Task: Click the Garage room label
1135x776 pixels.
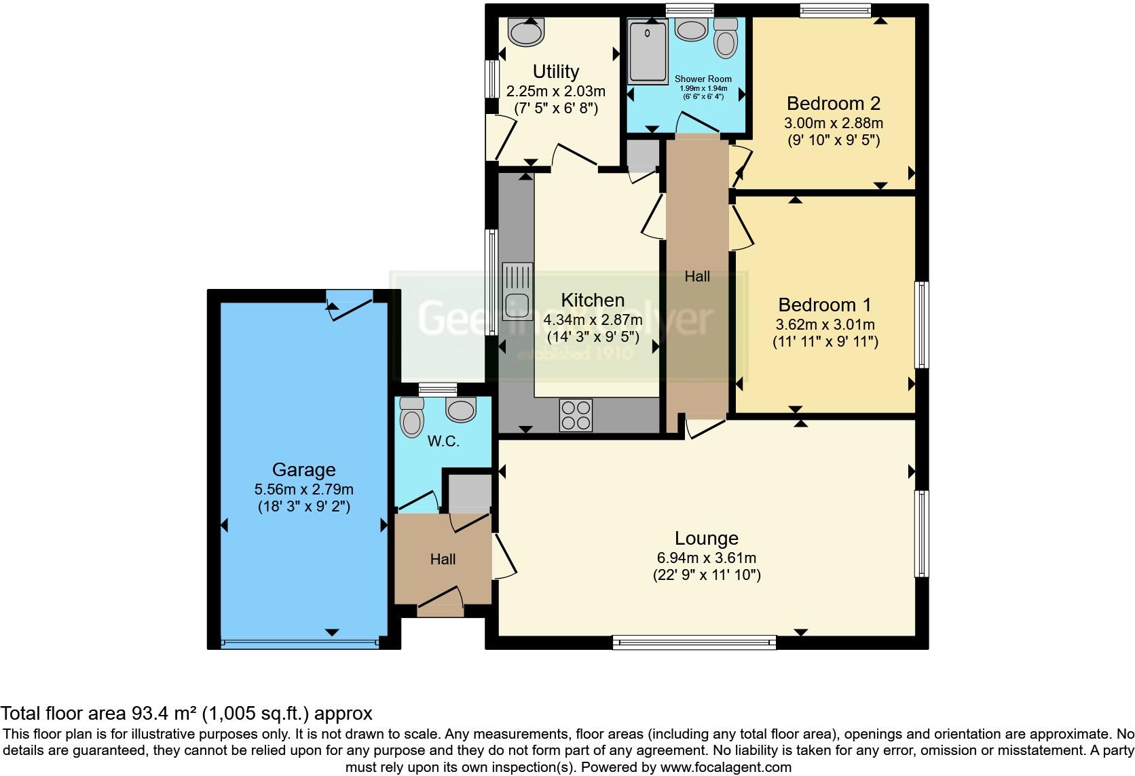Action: click(303, 469)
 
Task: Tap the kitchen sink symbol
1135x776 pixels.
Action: click(517, 291)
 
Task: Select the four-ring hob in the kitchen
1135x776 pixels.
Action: click(576, 414)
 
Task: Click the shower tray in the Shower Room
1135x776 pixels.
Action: click(648, 50)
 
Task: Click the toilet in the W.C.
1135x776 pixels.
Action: click(411, 416)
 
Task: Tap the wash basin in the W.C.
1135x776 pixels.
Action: click(461, 409)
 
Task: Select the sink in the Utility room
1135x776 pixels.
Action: click(526, 31)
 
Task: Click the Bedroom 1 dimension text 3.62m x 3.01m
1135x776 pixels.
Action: click(825, 325)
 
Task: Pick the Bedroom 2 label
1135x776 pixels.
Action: click(833, 104)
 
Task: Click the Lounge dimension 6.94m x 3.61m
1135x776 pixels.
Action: click(706, 558)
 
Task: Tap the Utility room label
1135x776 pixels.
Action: click(555, 72)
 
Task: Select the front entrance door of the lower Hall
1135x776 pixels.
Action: click(440, 603)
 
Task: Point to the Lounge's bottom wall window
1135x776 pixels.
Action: click(694, 642)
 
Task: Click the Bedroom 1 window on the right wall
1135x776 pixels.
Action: click(921, 325)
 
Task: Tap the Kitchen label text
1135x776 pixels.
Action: click(592, 300)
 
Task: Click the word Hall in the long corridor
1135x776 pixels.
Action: click(697, 277)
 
